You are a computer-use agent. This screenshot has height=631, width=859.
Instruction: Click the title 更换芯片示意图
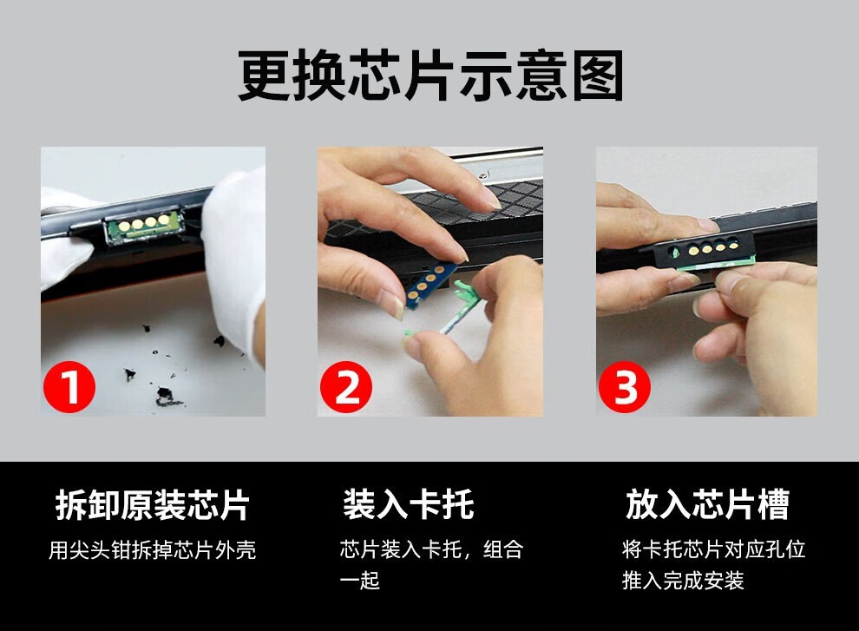coord(430,76)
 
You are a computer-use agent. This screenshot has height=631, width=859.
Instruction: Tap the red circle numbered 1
coord(69,387)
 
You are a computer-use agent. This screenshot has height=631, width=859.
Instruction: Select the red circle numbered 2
coord(346,387)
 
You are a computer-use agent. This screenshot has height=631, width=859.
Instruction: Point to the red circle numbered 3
coord(625,387)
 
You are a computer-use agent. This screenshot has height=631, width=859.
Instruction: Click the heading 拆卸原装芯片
coord(152,505)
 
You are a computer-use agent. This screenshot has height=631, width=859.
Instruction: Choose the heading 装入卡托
coord(408,505)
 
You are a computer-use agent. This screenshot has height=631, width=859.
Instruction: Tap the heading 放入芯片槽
coord(706,505)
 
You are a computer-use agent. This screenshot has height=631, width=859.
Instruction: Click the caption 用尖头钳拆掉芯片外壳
coord(152,550)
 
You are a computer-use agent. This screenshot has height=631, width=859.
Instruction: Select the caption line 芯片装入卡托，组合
coord(431,550)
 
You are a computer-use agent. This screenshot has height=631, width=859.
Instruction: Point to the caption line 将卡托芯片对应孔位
coord(713,550)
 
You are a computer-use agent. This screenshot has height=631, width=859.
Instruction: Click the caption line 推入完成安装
coord(683,581)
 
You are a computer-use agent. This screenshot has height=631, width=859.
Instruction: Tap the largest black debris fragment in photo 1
coord(163,397)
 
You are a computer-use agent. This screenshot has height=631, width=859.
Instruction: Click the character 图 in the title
coord(598,76)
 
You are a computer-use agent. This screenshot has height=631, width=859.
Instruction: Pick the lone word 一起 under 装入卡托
coord(359,581)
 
